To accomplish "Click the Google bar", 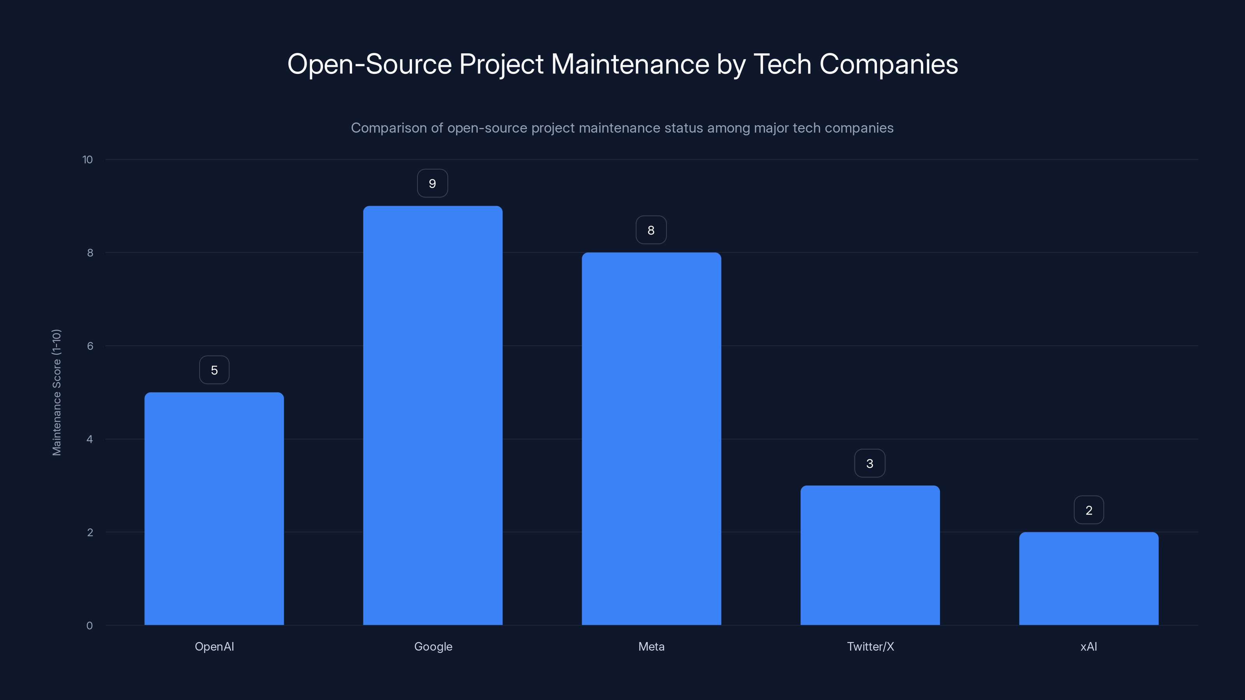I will pos(433,415).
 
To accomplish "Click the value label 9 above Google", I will pos(433,184).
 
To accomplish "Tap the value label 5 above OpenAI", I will pos(214,370).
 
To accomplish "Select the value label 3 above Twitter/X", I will pos(870,463).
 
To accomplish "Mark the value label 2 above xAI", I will pos(1089,510).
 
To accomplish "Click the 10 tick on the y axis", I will pos(88,159).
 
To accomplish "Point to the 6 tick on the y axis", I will pos(90,346).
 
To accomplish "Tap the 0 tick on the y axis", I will pos(89,626).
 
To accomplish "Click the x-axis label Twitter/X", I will pos(870,646).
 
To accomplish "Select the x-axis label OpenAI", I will pos(214,646).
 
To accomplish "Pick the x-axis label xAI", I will pos(1089,646).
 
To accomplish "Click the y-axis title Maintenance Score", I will pos(56,392).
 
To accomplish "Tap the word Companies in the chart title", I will pos(888,64).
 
